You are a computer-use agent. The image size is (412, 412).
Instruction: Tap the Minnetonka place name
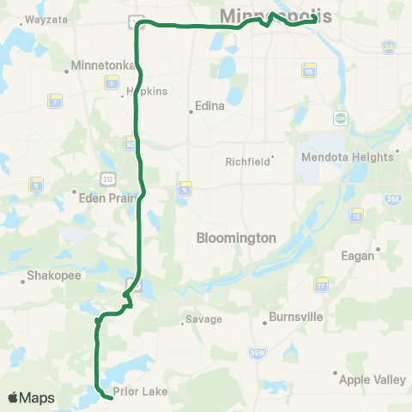100,64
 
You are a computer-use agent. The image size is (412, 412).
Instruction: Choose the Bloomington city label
236,237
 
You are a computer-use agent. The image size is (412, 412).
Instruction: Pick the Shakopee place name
41,276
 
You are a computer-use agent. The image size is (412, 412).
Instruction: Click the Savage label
205,319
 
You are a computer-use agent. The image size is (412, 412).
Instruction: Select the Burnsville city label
295,317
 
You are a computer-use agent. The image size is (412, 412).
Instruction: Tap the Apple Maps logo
31,397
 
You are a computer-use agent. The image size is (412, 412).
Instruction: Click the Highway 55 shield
308,73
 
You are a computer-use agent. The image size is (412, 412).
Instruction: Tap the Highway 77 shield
320,283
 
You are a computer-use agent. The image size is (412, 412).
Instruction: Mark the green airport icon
341,118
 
